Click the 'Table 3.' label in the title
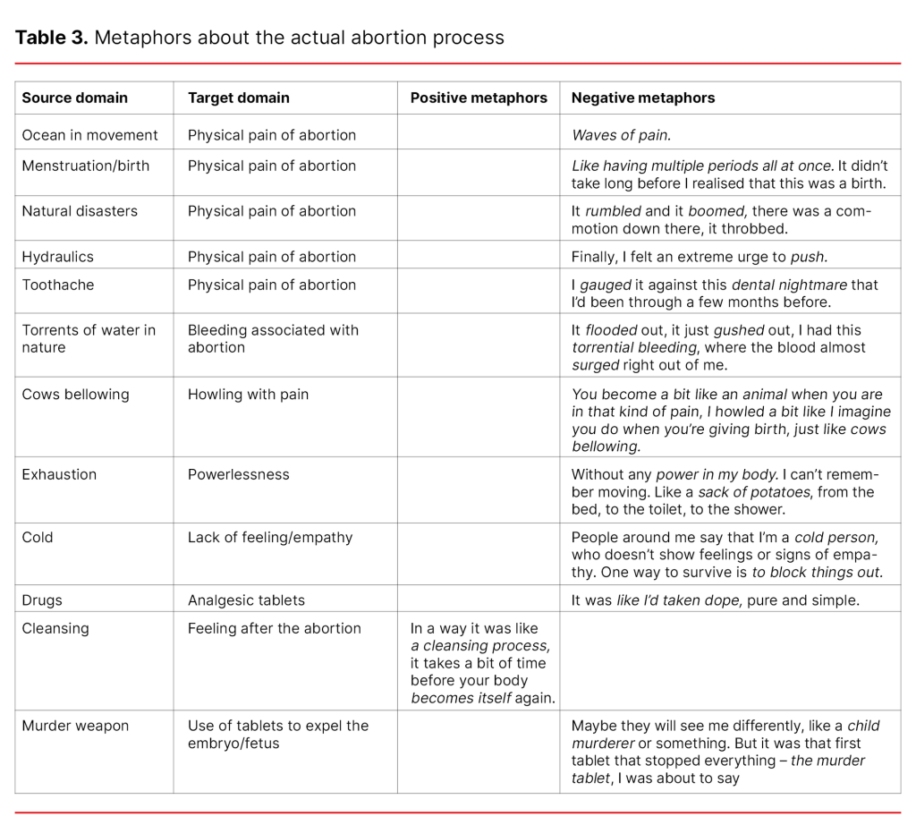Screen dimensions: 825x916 [51, 38]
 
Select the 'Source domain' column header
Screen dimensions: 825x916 [75, 98]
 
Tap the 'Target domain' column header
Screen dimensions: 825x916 [239, 98]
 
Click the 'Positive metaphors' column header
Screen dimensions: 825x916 [479, 98]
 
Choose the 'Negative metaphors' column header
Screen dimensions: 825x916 [643, 98]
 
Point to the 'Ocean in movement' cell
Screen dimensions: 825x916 [89, 135]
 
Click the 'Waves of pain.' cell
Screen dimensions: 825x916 [621, 135]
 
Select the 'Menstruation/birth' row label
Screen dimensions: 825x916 [86, 166]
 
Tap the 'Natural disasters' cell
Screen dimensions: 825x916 [80, 211]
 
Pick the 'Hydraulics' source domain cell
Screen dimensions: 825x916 [58, 257]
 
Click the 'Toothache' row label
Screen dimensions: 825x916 [58, 285]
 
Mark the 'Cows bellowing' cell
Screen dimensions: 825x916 [75, 395]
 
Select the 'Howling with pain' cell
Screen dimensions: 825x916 [248, 395]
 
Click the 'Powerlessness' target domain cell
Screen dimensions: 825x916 [239, 474]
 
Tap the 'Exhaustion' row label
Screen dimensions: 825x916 [59, 474]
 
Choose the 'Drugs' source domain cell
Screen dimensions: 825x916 [42, 600]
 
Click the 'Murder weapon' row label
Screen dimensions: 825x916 [75, 726]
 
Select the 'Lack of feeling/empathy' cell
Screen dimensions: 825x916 [270, 537]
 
